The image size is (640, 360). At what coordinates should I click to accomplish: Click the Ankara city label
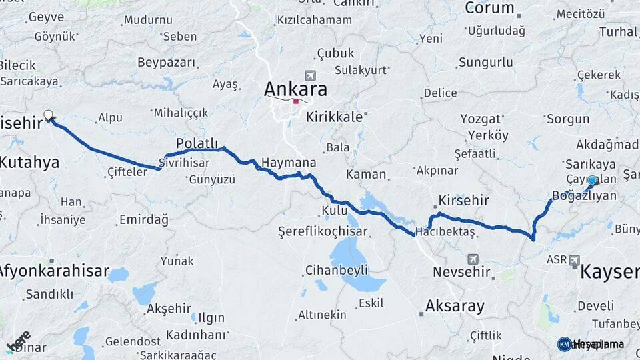[295, 89]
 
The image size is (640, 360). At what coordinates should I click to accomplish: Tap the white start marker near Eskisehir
[48, 115]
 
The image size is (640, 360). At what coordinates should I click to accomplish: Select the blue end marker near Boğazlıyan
[592, 180]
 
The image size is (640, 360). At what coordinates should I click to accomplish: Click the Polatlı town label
[197, 143]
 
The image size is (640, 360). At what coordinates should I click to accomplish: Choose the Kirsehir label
[464, 200]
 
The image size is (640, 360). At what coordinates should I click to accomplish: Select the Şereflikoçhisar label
[325, 231]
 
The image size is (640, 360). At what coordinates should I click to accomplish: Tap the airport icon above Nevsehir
[473, 259]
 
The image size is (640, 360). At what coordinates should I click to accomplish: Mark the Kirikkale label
[334, 117]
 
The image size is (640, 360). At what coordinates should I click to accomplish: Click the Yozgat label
[480, 119]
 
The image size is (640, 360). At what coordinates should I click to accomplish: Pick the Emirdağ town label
[144, 219]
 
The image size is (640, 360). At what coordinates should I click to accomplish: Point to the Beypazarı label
[167, 63]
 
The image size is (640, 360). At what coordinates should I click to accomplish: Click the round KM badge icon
[564, 344]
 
